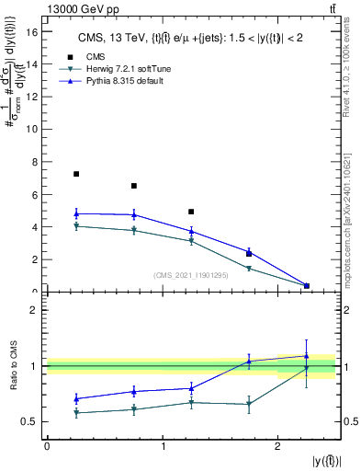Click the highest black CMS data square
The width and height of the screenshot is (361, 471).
tap(76, 174)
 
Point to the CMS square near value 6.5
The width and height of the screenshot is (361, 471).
tap(134, 186)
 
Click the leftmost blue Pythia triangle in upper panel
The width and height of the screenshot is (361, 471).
tap(76, 213)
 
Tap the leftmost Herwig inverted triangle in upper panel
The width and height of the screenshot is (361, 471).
tap(76, 225)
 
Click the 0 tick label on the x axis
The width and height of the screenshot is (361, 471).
tap(47, 445)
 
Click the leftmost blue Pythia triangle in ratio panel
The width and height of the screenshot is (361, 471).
tap(76, 398)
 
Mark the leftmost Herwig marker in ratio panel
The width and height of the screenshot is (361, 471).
tap(76, 412)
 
